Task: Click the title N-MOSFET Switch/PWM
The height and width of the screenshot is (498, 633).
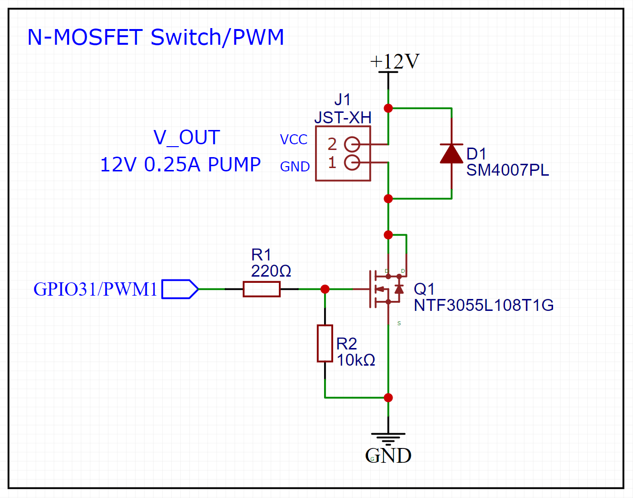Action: pos(156,37)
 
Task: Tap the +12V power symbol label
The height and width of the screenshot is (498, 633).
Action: pos(395,61)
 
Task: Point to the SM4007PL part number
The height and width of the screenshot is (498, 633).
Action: pos(507,170)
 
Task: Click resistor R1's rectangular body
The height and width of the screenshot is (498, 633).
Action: pos(261,289)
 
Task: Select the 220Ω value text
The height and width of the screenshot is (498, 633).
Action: pos(271,271)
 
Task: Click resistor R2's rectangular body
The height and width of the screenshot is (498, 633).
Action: pos(325,343)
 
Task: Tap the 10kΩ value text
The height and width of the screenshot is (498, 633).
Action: pos(356,360)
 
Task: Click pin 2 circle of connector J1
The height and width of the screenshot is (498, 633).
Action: pos(352,144)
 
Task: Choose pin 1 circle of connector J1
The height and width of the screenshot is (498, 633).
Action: pos(352,162)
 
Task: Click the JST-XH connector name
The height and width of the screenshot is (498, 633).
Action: pos(343,117)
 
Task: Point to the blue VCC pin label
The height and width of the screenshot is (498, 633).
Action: pos(294,139)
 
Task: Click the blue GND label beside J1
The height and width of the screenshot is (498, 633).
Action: pos(295,167)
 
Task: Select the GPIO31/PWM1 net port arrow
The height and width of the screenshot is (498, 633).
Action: pos(180,289)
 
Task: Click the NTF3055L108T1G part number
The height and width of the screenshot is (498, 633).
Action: pos(484,305)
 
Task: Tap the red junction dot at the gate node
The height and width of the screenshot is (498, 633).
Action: pos(325,289)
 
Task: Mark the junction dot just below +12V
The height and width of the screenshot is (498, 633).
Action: pos(388,109)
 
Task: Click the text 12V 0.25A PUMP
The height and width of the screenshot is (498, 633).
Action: pos(180,165)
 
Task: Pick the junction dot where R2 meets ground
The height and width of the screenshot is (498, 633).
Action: pos(388,398)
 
